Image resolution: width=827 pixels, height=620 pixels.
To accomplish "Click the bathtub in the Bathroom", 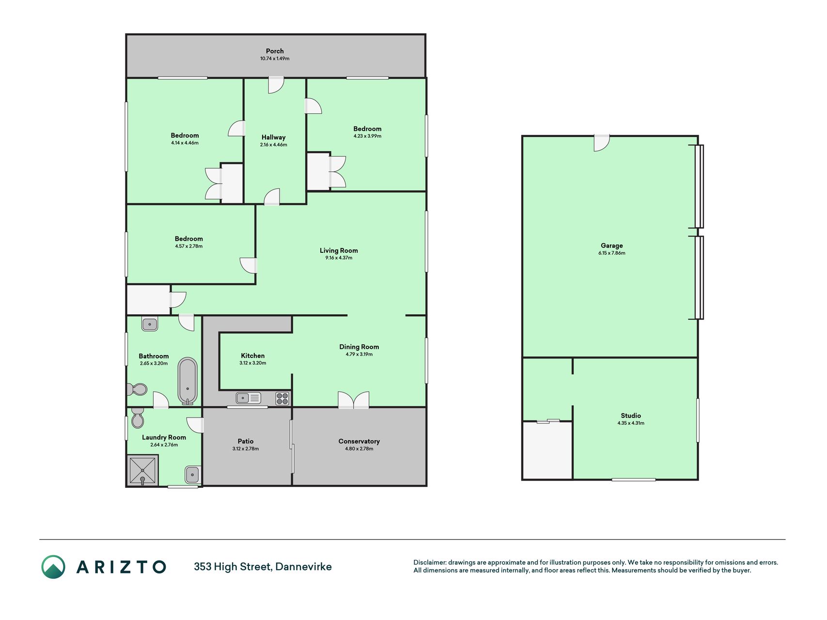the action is tap(187, 381).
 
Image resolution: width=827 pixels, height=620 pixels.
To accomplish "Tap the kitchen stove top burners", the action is tap(282, 399).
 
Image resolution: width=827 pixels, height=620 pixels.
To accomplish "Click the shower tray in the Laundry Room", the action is tap(142, 470).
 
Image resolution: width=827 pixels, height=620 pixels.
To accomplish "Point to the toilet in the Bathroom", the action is tap(137, 389).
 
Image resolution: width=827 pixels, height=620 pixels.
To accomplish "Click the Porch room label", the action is tap(275, 51).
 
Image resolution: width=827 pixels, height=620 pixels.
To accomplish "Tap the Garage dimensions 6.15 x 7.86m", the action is tap(612, 253).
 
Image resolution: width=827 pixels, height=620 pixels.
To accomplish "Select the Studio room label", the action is tap(631, 416).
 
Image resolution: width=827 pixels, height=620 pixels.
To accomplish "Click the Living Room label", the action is tap(339, 250).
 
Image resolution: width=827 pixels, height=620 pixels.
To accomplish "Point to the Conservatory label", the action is tap(359, 441).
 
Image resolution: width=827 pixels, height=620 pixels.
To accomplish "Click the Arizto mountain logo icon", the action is tap(53, 567).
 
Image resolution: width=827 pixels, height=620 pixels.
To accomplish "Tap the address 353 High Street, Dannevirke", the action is tap(263, 567).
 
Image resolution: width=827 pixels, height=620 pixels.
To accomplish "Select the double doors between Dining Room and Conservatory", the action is tap(354, 400).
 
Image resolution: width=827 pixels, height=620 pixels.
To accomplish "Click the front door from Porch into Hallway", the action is tap(276, 85).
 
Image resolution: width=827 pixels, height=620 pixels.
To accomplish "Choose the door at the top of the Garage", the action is tap(602, 143).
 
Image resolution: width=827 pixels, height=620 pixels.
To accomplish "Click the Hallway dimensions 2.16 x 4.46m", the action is tap(273, 145).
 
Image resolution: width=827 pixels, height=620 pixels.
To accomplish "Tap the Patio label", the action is tap(246, 441).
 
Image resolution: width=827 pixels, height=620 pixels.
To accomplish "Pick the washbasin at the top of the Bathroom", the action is tap(150, 324).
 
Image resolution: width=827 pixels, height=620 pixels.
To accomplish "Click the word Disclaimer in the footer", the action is tap(429, 562).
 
